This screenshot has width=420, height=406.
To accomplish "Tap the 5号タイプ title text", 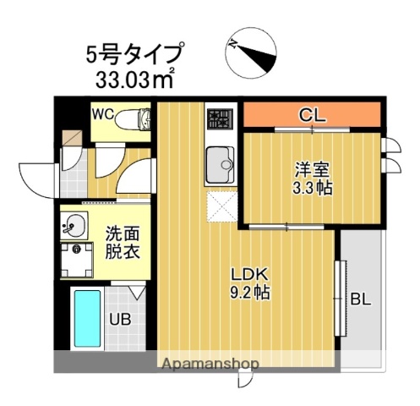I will [x=134, y=54].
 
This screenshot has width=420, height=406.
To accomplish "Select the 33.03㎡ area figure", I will [x=134, y=80].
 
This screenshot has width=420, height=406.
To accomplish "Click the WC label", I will [x=103, y=112].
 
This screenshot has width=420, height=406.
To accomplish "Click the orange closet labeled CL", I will [x=312, y=115].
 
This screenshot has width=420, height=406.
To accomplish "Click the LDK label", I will [x=251, y=275].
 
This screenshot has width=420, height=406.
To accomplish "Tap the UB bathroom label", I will [x=117, y=321].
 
